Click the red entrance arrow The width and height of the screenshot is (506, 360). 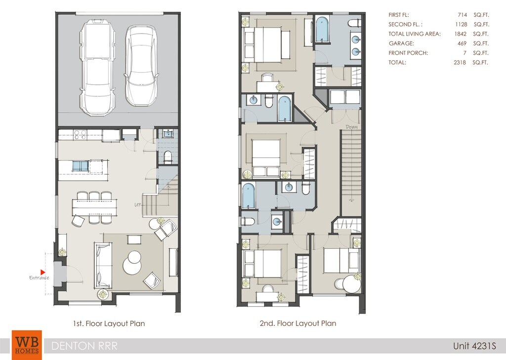tap(42, 272)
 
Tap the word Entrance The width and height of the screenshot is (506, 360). tap(39, 278)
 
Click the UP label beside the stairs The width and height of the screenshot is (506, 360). tap(138, 204)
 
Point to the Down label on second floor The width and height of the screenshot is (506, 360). tap(351, 127)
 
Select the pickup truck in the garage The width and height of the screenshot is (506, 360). tap(97, 67)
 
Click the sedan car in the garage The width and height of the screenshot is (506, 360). tap(141, 66)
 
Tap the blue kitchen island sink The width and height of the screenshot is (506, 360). tap(81, 166)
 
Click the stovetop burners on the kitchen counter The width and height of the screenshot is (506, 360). tap(80, 134)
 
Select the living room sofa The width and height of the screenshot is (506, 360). tap(103, 265)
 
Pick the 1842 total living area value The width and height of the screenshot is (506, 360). tap(461, 34)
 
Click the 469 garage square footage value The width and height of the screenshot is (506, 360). tap(462, 43)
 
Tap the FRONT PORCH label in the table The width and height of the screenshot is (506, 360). tap(408, 53)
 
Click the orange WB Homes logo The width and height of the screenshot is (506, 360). tap(27, 345)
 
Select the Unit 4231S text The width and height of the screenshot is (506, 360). tap(474, 346)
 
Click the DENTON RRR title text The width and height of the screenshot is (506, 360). tap(84, 346)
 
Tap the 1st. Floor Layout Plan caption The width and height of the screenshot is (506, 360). tap(109, 323)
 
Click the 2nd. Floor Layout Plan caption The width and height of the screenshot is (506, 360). tap(298, 323)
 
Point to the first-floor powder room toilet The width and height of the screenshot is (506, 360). tap(168, 157)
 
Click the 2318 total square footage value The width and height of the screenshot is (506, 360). tap(460, 62)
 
